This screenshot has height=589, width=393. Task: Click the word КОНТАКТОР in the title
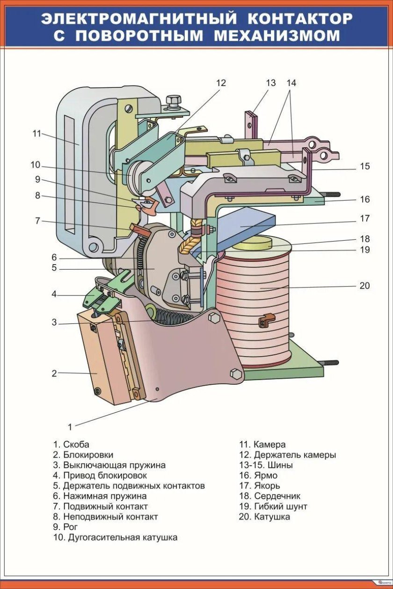[299, 19]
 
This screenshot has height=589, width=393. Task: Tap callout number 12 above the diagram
[221, 83]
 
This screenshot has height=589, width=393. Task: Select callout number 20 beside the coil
[364, 285]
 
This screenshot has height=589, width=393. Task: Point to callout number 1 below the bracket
[70, 426]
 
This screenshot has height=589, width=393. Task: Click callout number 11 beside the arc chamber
[37, 133]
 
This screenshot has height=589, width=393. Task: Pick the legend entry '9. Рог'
[65, 527]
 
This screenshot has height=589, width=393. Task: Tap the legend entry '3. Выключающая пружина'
[109, 466]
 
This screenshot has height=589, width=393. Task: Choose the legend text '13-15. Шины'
[266, 466]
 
